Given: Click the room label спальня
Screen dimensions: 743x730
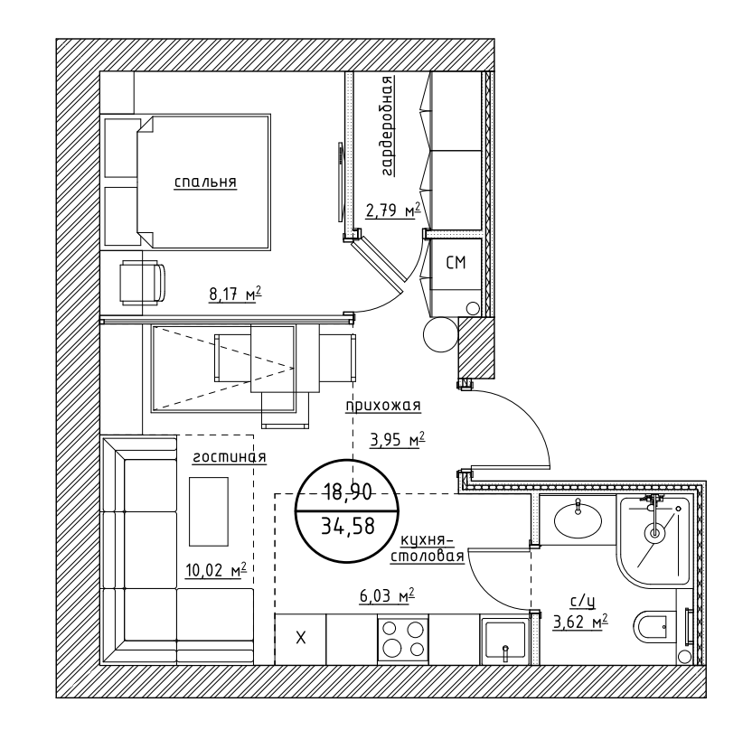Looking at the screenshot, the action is [205, 182].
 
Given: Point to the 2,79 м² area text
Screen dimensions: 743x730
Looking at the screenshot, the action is [393, 211].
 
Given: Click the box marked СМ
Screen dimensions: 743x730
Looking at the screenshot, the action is [456, 263].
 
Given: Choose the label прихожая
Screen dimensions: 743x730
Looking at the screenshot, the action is [383, 406].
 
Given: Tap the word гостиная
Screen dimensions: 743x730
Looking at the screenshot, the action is [229, 457].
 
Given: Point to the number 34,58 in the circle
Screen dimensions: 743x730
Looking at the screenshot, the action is [347, 527].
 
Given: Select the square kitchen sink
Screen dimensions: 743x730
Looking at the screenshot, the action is [503, 641].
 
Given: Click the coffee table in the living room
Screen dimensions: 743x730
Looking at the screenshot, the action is [209, 510].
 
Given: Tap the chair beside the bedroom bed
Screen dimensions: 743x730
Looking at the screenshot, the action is [144, 281].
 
